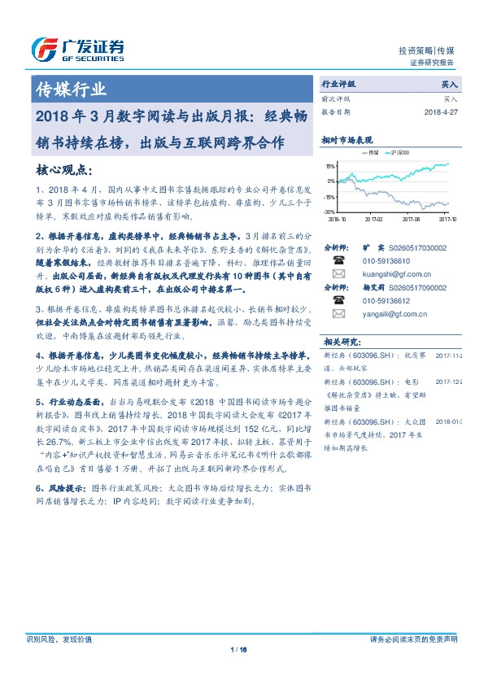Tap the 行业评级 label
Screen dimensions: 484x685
339,84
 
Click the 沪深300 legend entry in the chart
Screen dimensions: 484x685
401,152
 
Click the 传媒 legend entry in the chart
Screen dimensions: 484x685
373,152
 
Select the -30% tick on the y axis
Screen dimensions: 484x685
330,212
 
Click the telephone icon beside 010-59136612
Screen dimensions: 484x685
339,300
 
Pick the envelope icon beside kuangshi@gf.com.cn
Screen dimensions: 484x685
339,274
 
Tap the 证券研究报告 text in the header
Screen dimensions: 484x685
433,62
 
